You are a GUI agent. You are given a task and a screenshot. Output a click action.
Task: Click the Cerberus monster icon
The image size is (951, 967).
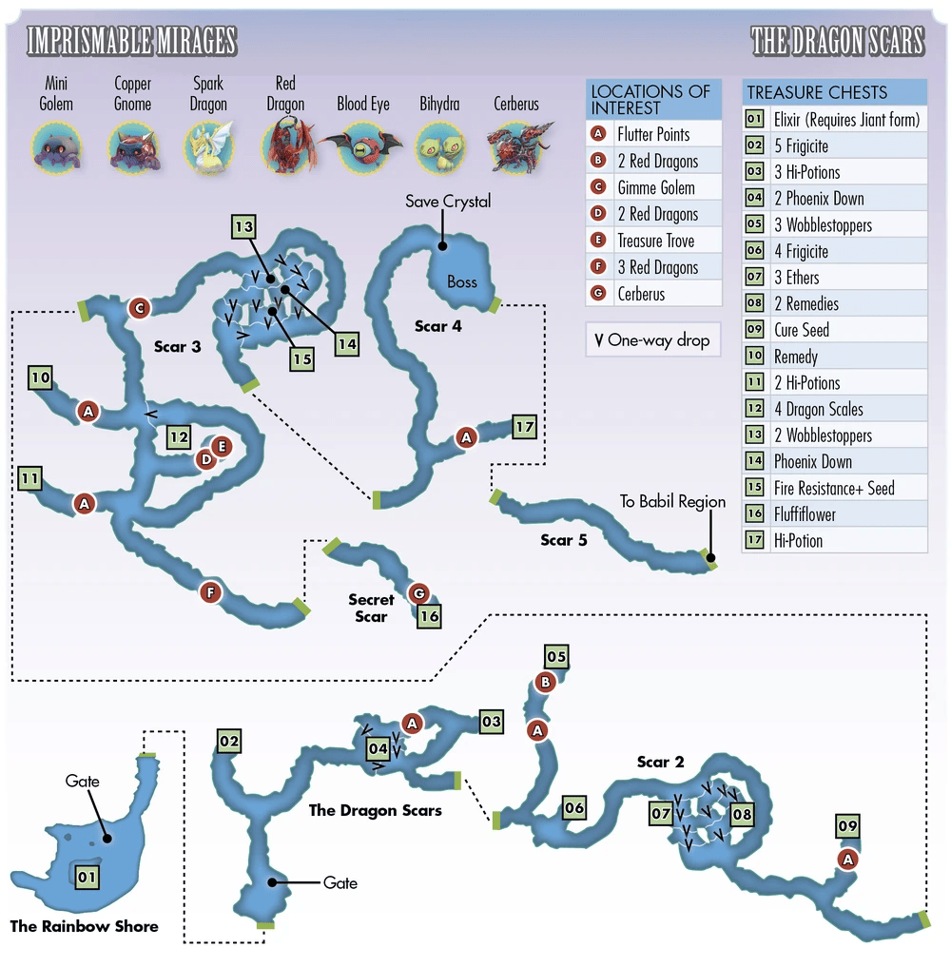pyautogui.click(x=515, y=148)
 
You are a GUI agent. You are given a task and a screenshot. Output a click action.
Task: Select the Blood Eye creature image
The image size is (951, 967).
pyautogui.click(x=362, y=147)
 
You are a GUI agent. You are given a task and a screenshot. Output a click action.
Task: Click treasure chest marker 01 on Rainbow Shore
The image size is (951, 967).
pyautogui.click(x=87, y=877)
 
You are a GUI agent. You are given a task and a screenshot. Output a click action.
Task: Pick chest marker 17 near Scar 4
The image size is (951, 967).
pyautogui.click(x=524, y=428)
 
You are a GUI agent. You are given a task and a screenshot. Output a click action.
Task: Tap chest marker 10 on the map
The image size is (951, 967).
pyautogui.click(x=40, y=378)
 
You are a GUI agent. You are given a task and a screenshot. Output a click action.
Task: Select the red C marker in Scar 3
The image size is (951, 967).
pyautogui.click(x=140, y=308)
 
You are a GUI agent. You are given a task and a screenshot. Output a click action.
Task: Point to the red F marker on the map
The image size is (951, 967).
pyautogui.click(x=209, y=592)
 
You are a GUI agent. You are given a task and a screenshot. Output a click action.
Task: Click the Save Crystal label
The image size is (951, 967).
pyautogui.click(x=448, y=202)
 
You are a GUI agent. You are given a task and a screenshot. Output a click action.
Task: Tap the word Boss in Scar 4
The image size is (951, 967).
pyautogui.click(x=462, y=281)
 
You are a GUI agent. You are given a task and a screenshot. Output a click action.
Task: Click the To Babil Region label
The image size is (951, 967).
pyautogui.click(x=672, y=501)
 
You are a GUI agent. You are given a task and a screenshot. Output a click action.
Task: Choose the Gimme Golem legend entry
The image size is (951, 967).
pyautogui.click(x=655, y=187)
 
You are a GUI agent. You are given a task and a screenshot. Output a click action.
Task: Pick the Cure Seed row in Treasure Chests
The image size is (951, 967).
pyautogui.click(x=801, y=330)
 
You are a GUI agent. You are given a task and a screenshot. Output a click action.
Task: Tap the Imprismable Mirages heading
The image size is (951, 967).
pyautogui.click(x=131, y=41)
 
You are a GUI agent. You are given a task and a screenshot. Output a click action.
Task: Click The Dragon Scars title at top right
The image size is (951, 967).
pyautogui.click(x=837, y=41)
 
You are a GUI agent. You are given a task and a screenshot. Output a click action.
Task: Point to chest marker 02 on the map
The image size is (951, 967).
pyautogui.click(x=228, y=741)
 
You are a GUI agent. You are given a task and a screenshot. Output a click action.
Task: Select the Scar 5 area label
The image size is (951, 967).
pyautogui.click(x=564, y=540)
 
